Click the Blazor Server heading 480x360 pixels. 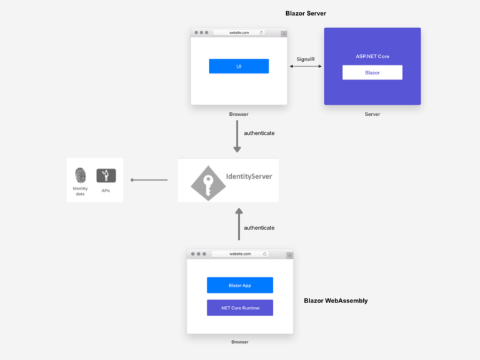click(306, 13)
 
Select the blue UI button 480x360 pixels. click(239, 66)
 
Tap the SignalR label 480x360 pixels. click(305, 59)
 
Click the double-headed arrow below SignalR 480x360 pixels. click(306, 66)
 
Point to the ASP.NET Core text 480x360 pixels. click(372, 57)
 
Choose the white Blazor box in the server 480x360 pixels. click(372, 72)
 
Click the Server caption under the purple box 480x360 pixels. click(372, 114)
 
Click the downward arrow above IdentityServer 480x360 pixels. click(237, 136)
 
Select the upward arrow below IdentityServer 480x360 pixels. click(239, 224)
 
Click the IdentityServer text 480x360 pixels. click(249, 176)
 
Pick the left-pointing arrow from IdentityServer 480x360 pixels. click(149, 181)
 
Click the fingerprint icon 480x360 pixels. click(80, 175)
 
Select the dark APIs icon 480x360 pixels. click(106, 176)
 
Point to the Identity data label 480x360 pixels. click(80, 191)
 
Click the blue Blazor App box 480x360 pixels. click(239, 285)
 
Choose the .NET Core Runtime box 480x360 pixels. click(239, 307)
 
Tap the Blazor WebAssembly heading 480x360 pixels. click(336, 301)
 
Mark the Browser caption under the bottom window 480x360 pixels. click(239, 342)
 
